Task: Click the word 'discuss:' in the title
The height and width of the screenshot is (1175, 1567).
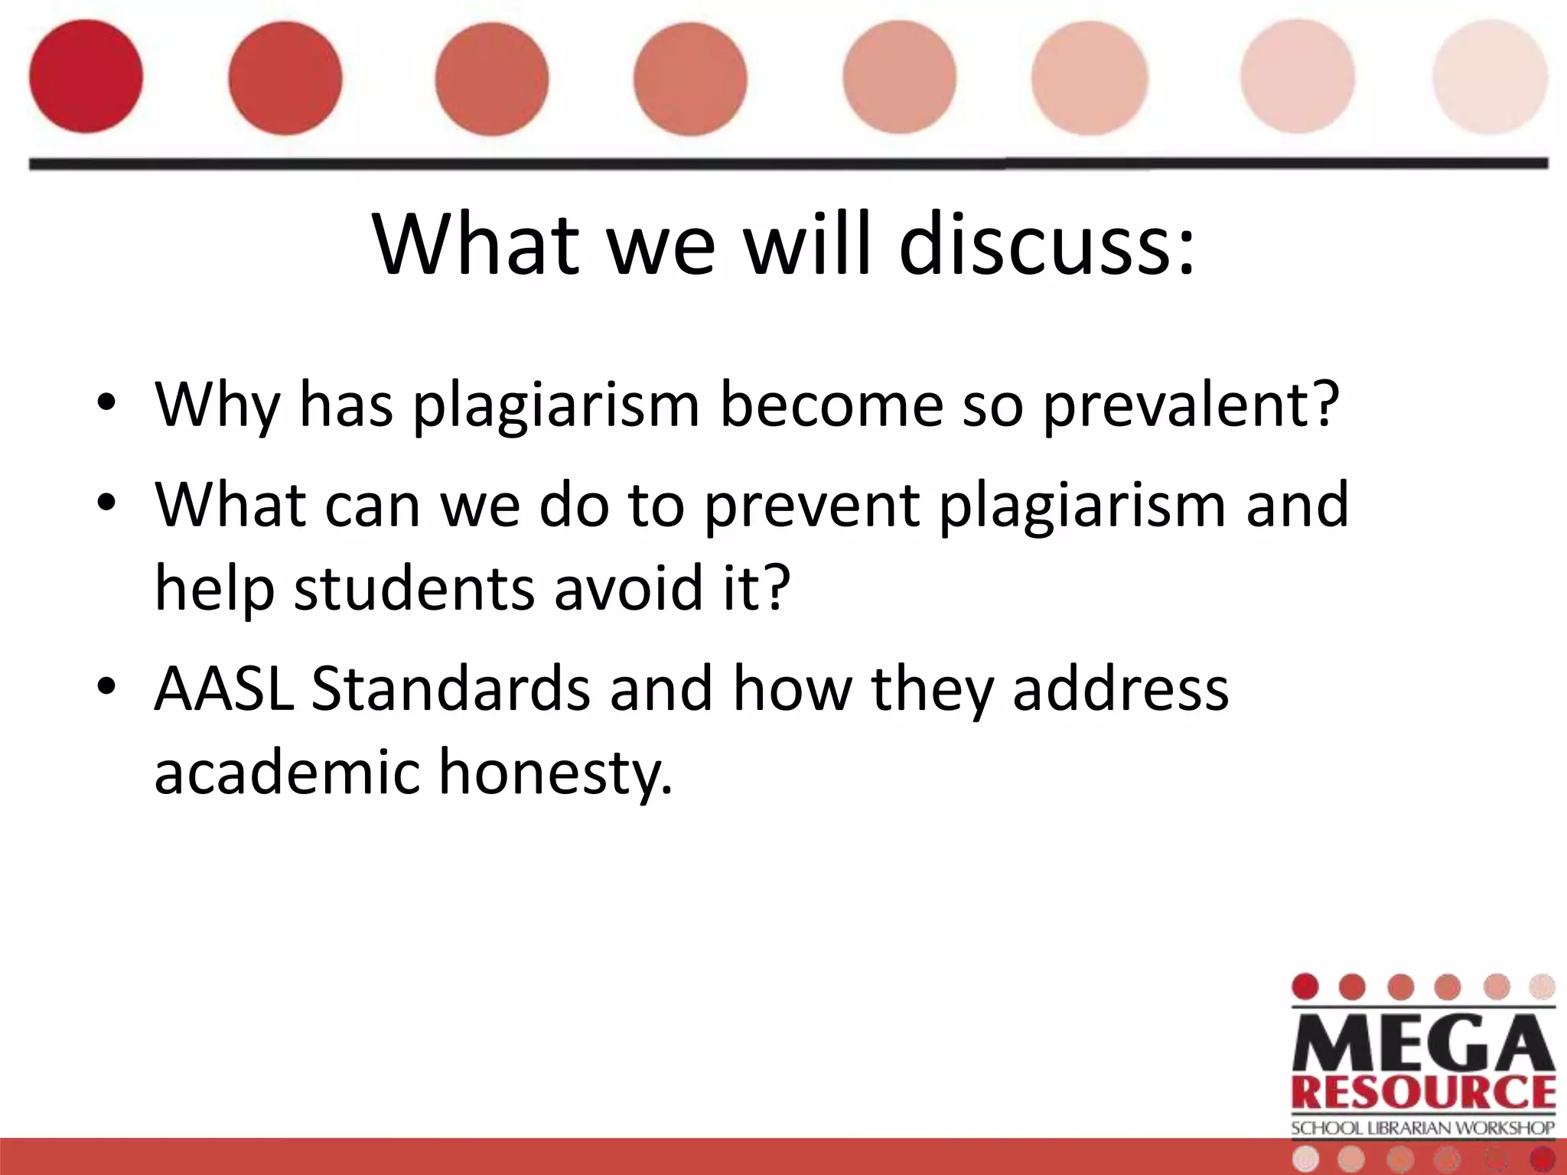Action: [1045, 245]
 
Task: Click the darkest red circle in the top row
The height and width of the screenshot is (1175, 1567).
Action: [86, 76]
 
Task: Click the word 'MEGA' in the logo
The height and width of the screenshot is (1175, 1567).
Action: [1423, 1045]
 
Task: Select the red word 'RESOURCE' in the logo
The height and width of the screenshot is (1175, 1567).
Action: [1423, 1092]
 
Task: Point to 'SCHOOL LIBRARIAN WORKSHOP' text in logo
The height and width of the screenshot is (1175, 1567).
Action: [1423, 1128]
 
